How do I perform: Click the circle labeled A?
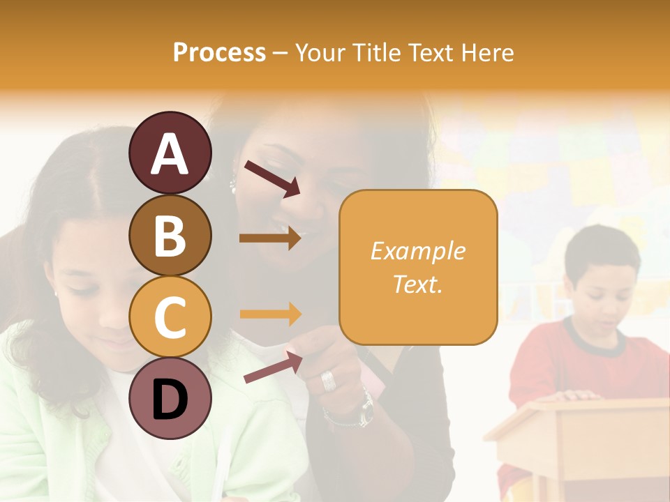click(170, 153)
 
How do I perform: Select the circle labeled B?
click(170, 235)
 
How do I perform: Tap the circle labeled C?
click(170, 317)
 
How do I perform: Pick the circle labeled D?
click(170, 399)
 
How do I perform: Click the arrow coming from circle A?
click(272, 178)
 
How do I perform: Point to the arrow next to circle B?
click(270, 238)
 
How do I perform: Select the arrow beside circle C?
click(270, 314)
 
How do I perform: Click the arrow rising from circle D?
click(273, 367)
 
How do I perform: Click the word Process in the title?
click(219, 52)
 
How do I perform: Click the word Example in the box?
click(417, 251)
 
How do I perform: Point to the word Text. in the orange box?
click(417, 284)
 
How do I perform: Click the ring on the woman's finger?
click(328, 379)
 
